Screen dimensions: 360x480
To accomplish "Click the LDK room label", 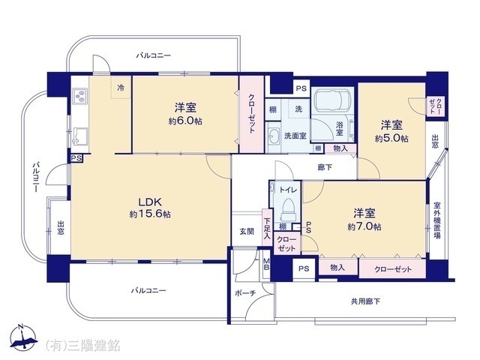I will (x=150, y=201).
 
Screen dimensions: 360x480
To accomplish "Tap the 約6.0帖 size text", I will (x=184, y=121).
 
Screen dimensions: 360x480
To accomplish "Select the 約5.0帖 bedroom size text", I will (x=391, y=138).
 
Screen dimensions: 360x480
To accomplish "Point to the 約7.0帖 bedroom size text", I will (x=364, y=226).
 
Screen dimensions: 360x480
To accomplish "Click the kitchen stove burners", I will (x=80, y=96).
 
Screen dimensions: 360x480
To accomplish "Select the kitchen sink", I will (x=79, y=137).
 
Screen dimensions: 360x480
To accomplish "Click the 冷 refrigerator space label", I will (x=120, y=88).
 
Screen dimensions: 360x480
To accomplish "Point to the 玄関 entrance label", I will (x=246, y=231).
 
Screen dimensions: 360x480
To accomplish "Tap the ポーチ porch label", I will (x=245, y=292).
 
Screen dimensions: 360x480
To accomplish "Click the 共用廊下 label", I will (x=365, y=301).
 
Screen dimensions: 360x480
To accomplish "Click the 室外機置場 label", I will (x=436, y=220).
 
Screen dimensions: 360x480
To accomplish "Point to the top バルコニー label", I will (x=154, y=55).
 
